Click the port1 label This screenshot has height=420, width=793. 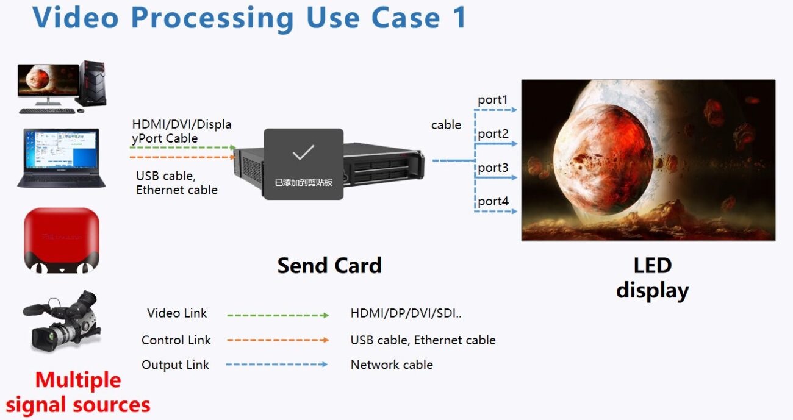pyautogui.click(x=492, y=100)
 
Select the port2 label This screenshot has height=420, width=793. pyautogui.click(x=493, y=133)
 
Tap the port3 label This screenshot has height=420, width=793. pyautogui.click(x=493, y=167)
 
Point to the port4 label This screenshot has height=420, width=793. pyautogui.click(x=493, y=201)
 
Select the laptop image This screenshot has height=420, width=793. pyautogui.click(x=61, y=158)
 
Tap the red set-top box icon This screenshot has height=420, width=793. pyautogui.click(x=61, y=240)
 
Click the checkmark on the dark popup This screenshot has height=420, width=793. pyautogui.click(x=303, y=152)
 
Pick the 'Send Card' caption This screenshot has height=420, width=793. pyautogui.click(x=329, y=265)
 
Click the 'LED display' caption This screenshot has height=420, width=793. pyautogui.click(x=652, y=278)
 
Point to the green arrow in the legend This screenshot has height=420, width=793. pyautogui.click(x=278, y=315)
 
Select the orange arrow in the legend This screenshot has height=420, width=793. pyautogui.click(x=278, y=340)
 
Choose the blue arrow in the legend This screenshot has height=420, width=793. pyautogui.click(x=278, y=365)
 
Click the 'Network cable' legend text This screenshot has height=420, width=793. pyautogui.click(x=392, y=365)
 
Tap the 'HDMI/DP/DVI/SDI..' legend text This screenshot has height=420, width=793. pyautogui.click(x=406, y=313)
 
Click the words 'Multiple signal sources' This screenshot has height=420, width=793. pyautogui.click(x=78, y=392)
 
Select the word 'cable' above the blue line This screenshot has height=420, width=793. pyautogui.click(x=446, y=125)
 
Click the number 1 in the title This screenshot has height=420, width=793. pyautogui.click(x=459, y=17)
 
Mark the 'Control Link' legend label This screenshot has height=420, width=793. pyautogui.click(x=176, y=340)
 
